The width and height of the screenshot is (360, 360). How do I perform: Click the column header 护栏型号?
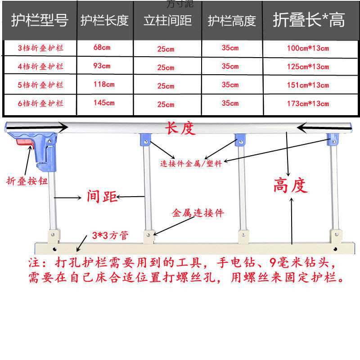(x=40, y=20)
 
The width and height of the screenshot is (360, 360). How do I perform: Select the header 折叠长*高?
(x=309, y=20)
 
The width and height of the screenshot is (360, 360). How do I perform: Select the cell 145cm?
(x=104, y=103)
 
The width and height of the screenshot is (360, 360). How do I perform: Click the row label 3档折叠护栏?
(x=40, y=48)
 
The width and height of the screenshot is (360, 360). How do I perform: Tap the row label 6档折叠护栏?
(x=40, y=103)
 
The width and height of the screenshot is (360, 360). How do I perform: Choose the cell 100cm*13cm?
(x=308, y=48)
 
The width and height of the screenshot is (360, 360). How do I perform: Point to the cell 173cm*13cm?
(x=308, y=104)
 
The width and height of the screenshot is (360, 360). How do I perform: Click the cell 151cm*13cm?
(x=308, y=85)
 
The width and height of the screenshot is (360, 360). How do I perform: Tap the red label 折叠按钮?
(x=26, y=181)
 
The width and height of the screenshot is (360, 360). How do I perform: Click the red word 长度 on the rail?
(x=180, y=129)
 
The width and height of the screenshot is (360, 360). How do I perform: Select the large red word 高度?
(x=290, y=185)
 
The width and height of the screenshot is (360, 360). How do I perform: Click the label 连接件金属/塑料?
(x=191, y=163)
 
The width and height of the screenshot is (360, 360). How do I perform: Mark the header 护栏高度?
(x=232, y=21)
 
